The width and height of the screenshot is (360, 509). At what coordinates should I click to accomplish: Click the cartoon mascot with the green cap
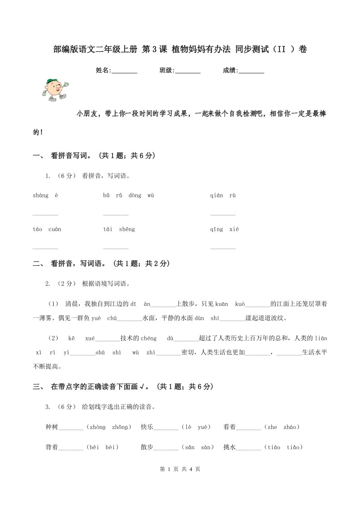54,89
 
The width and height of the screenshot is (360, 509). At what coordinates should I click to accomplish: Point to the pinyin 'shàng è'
45,195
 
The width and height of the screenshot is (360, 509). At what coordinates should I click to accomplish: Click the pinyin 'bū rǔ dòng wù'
129,195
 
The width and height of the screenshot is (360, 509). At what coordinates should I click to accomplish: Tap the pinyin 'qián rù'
223,195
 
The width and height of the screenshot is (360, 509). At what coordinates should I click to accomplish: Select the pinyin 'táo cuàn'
47,229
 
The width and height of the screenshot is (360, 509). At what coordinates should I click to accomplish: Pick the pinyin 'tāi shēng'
119,229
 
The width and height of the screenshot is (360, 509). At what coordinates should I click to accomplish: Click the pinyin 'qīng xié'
225,229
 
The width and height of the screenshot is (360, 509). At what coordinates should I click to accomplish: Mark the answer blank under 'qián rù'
223,214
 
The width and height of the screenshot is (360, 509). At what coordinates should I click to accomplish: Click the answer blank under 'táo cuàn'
45,248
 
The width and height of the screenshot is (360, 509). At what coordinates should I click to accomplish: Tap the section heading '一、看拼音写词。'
94,156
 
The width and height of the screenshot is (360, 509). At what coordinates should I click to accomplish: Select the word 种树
52,427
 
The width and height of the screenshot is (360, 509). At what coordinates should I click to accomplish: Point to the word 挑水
229,447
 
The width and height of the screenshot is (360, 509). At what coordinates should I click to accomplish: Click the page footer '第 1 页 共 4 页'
180,469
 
